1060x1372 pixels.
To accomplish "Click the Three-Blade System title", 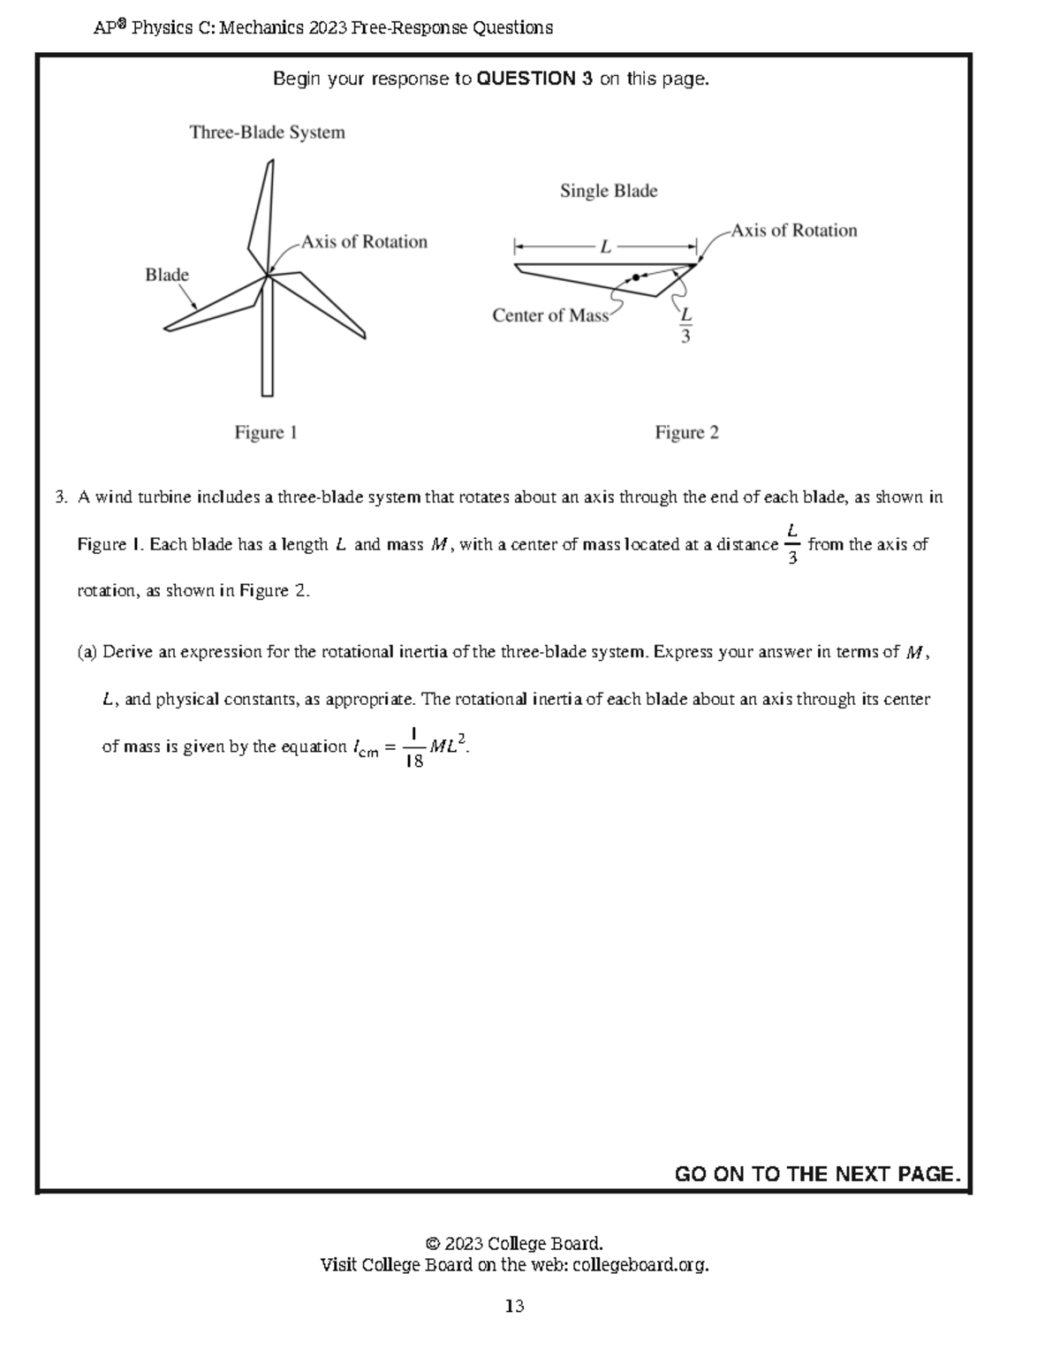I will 267,133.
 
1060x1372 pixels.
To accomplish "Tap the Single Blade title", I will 608,191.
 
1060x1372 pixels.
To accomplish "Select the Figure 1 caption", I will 265,432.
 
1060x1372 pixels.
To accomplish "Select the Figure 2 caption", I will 686,432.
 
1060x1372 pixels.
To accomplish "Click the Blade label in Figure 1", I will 167,275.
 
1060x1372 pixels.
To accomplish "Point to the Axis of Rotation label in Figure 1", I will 364,242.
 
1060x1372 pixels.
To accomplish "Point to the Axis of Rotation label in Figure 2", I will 793,231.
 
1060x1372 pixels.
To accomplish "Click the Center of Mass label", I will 550,315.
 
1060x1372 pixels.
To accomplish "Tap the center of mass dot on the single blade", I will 635,277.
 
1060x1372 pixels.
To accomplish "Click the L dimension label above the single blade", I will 605,247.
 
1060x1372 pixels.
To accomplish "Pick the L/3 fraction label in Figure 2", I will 685,325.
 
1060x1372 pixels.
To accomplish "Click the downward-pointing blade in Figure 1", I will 267,345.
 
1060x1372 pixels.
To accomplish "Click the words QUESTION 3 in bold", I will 534,79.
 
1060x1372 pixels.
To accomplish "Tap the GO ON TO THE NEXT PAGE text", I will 817,1173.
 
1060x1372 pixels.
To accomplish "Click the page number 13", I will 515,1306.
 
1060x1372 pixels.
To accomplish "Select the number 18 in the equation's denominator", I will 413,762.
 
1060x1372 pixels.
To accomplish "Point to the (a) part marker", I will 87,652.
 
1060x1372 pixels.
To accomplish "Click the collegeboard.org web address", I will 640,1265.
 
